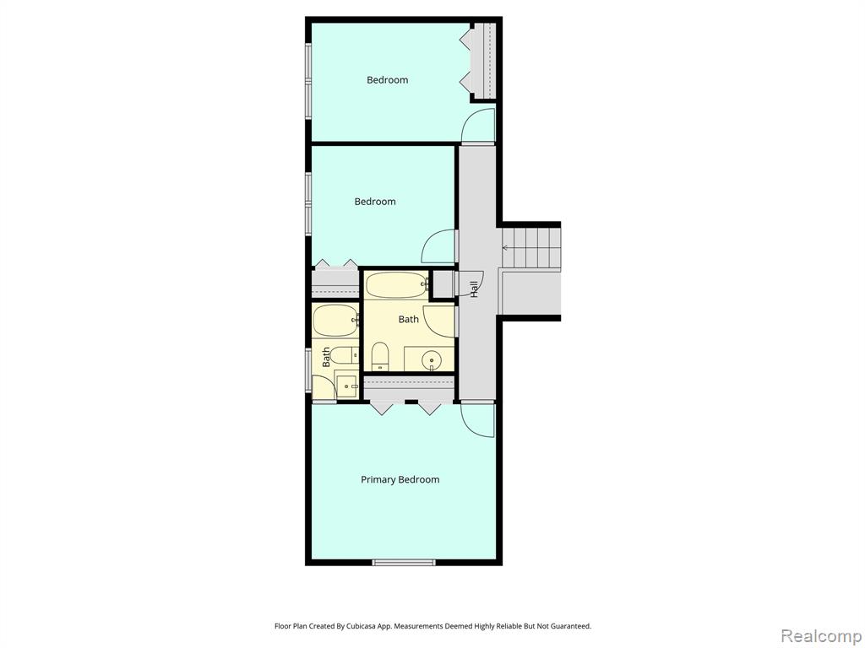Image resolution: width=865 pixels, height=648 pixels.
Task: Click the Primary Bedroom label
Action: [x=400, y=479]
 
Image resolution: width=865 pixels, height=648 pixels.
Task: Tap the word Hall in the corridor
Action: [x=474, y=289]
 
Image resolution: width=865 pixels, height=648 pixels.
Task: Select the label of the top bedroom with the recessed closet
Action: [x=387, y=80]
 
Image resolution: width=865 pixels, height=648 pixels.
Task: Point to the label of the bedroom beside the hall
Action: [x=374, y=202]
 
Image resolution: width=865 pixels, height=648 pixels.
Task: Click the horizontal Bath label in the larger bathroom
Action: [x=408, y=319]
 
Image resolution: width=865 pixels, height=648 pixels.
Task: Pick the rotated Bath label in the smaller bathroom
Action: [x=326, y=357]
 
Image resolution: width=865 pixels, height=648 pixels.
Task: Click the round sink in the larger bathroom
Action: [x=432, y=361]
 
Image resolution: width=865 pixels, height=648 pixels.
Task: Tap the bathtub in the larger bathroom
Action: [x=397, y=285]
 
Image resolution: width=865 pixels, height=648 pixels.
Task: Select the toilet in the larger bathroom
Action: [x=379, y=356]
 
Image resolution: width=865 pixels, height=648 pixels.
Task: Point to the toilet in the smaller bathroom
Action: [x=344, y=355]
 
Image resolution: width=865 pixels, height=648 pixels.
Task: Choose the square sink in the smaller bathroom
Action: [x=346, y=386]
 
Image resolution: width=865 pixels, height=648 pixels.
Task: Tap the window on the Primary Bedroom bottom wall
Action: [x=404, y=562]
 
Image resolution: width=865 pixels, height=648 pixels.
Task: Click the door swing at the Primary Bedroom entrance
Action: [x=478, y=420]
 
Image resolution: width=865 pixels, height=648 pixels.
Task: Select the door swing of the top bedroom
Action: [x=478, y=125]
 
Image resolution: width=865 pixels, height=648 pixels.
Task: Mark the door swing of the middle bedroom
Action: [x=439, y=246]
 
